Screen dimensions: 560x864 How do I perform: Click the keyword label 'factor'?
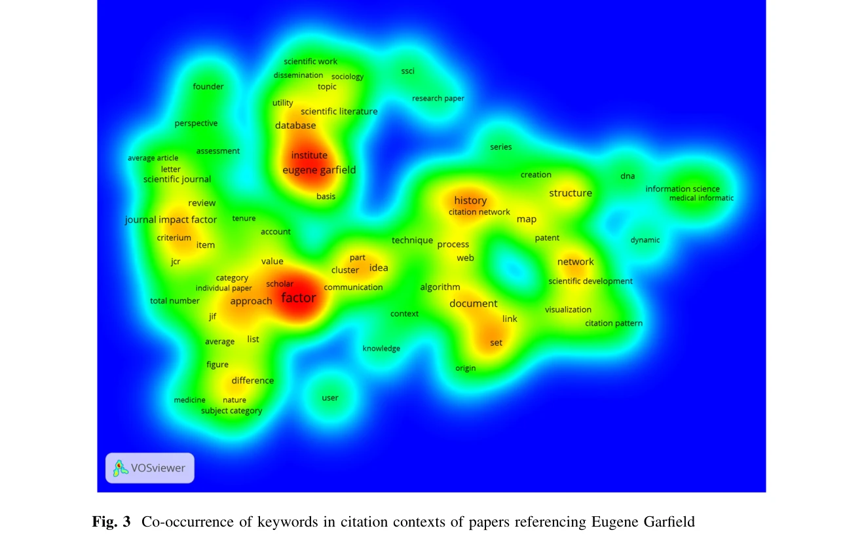299,298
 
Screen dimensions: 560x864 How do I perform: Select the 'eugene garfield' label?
319,170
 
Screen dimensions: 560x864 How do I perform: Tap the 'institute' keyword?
309,155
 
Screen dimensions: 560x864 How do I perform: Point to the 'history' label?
470,200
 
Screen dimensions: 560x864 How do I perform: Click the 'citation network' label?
479,212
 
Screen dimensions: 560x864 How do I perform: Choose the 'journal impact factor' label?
171,220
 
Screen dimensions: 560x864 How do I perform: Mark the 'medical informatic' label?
701,198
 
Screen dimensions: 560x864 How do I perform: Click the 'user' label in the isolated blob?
330,398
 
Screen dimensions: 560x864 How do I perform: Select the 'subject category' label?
231,411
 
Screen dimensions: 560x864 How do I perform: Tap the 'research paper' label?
438,99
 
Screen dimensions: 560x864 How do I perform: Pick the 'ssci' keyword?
407,71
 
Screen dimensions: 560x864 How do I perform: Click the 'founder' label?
208,86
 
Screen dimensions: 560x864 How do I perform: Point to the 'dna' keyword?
628,176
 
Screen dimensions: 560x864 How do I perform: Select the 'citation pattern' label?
614,323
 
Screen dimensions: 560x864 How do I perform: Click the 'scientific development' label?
590,281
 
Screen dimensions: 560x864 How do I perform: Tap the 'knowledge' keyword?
381,349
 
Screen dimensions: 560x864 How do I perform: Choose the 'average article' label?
153,158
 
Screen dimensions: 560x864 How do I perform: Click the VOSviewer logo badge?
150,468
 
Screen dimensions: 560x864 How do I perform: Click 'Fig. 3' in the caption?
111,522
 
